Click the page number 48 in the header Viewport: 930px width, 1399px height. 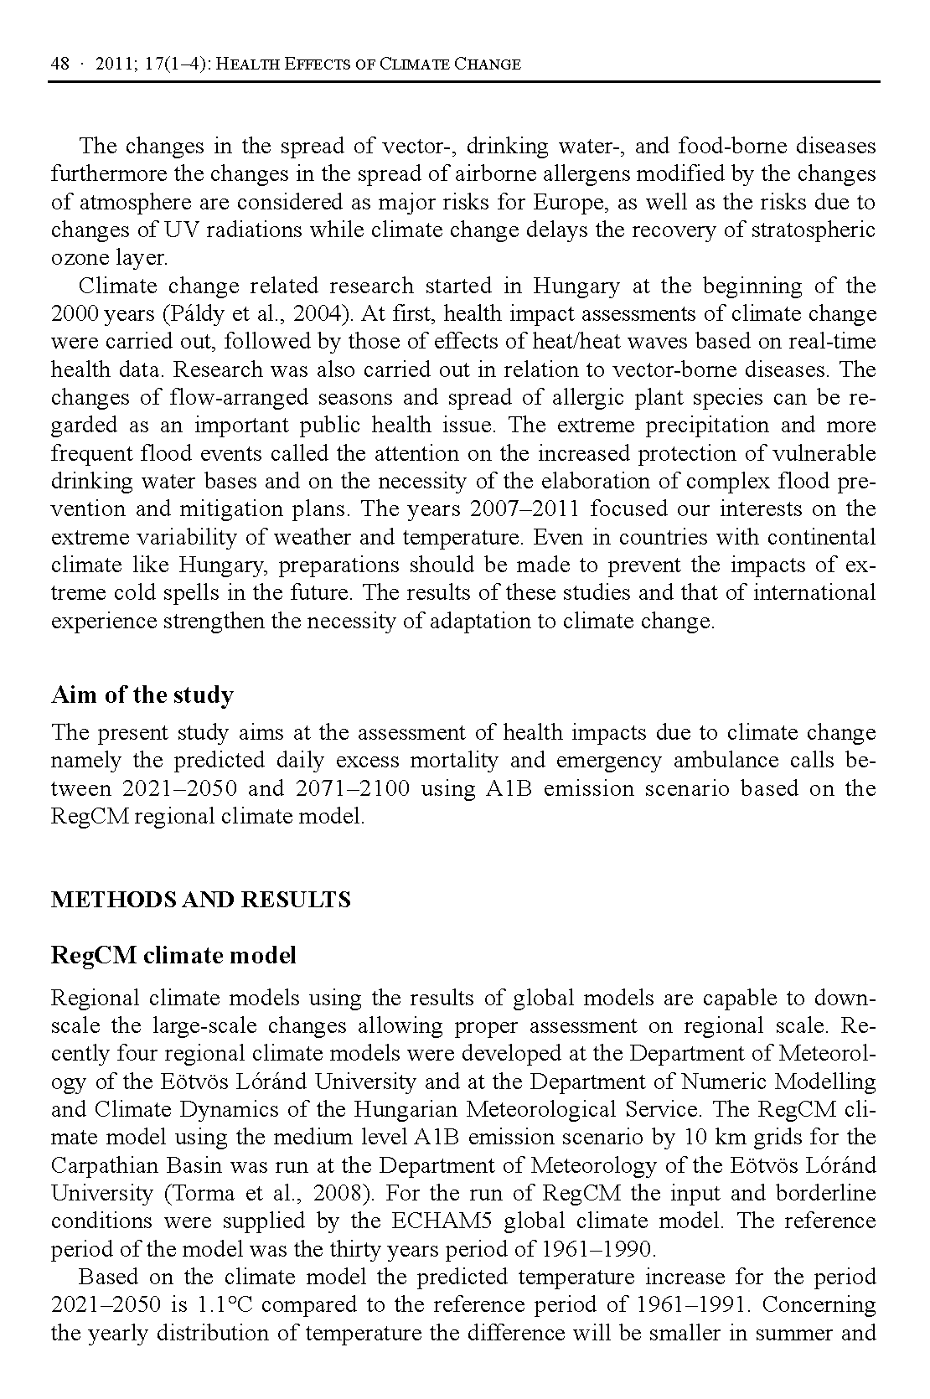tap(59, 64)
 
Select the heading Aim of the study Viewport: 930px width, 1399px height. tap(142, 695)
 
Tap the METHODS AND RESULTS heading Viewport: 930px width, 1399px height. tap(201, 901)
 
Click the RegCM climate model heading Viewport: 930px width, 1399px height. tap(173, 955)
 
